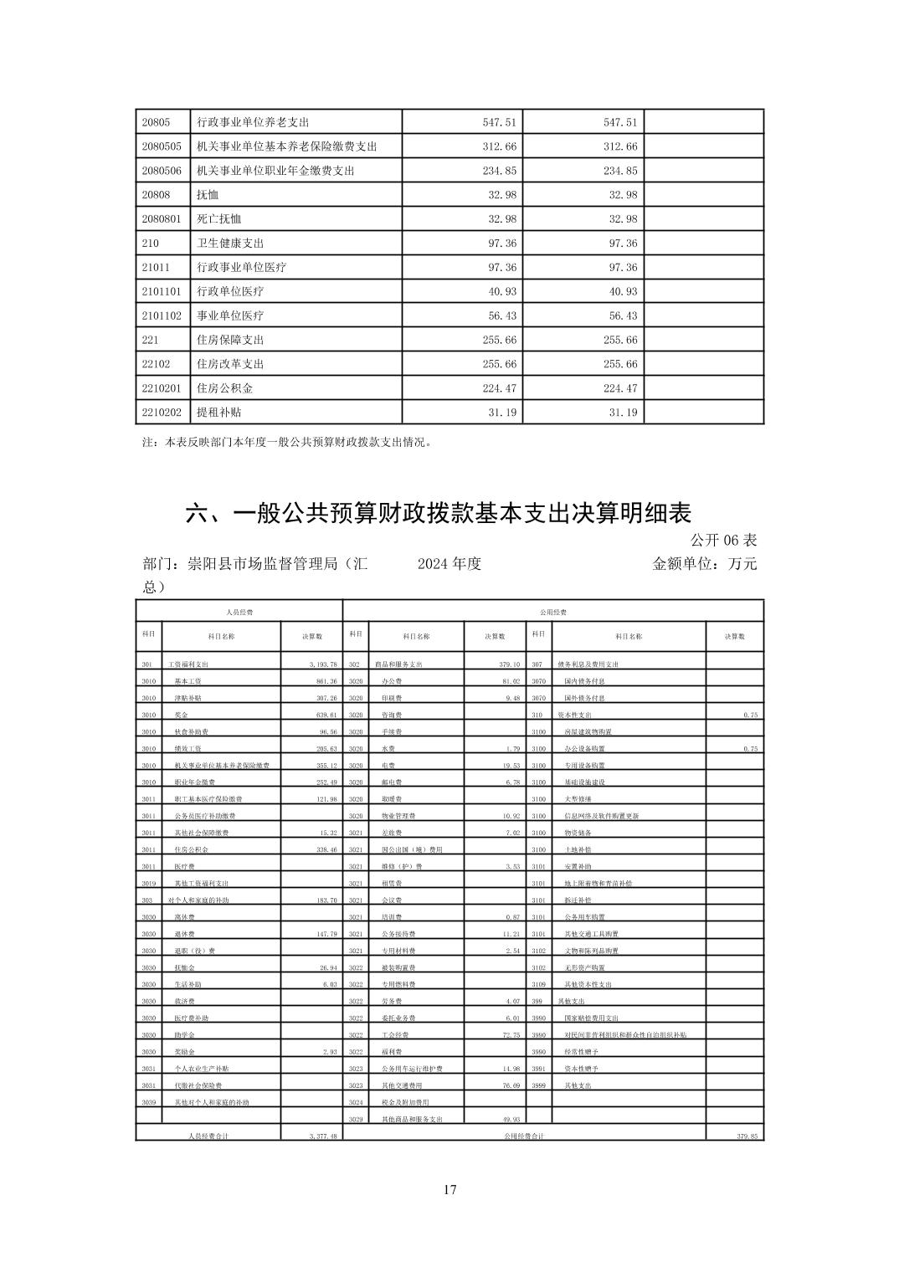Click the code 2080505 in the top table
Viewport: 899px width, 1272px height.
(162, 146)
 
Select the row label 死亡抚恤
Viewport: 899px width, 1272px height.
(218, 219)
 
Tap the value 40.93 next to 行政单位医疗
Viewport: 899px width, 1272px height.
(501, 292)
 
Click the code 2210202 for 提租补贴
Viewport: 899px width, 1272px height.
(162, 413)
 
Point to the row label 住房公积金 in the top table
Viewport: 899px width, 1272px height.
(224, 388)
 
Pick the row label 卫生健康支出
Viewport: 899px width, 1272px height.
(229, 244)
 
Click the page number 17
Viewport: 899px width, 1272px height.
(450, 1190)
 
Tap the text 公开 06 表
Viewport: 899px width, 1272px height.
(725, 540)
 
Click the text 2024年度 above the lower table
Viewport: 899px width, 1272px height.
(449, 564)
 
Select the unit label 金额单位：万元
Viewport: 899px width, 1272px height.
(705, 564)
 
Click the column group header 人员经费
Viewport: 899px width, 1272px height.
(239, 613)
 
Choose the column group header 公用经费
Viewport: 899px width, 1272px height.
(552, 613)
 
